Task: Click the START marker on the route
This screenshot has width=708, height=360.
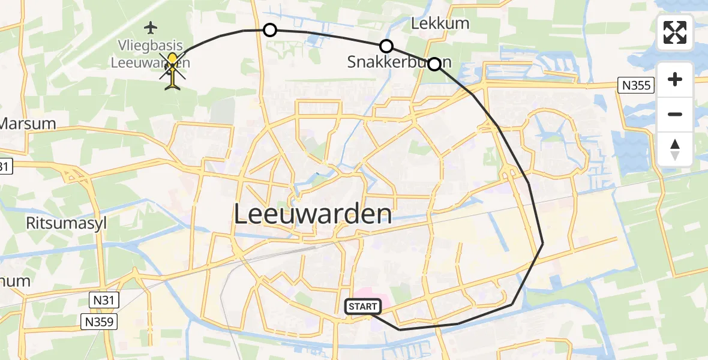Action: tap(362, 307)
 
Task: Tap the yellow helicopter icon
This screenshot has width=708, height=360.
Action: tap(173, 71)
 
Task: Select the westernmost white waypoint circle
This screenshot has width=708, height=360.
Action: tap(270, 30)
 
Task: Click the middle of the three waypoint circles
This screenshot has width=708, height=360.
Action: tap(386, 46)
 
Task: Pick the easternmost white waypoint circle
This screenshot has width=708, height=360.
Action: tap(434, 64)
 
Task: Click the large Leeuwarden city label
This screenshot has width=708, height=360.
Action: tap(313, 214)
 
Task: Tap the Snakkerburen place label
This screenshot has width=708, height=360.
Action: tap(399, 62)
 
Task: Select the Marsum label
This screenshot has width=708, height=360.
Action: tap(28, 124)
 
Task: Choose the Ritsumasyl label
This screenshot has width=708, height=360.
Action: tap(66, 223)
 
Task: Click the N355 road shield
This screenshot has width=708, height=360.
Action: tap(636, 86)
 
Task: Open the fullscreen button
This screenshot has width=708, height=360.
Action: tap(675, 32)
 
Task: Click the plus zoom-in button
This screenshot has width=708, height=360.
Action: tap(675, 79)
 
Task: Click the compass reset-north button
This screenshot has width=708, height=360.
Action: tap(675, 149)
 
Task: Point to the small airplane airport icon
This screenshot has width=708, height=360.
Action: tap(151, 27)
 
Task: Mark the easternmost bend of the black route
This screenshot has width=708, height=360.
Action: tap(542, 243)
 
